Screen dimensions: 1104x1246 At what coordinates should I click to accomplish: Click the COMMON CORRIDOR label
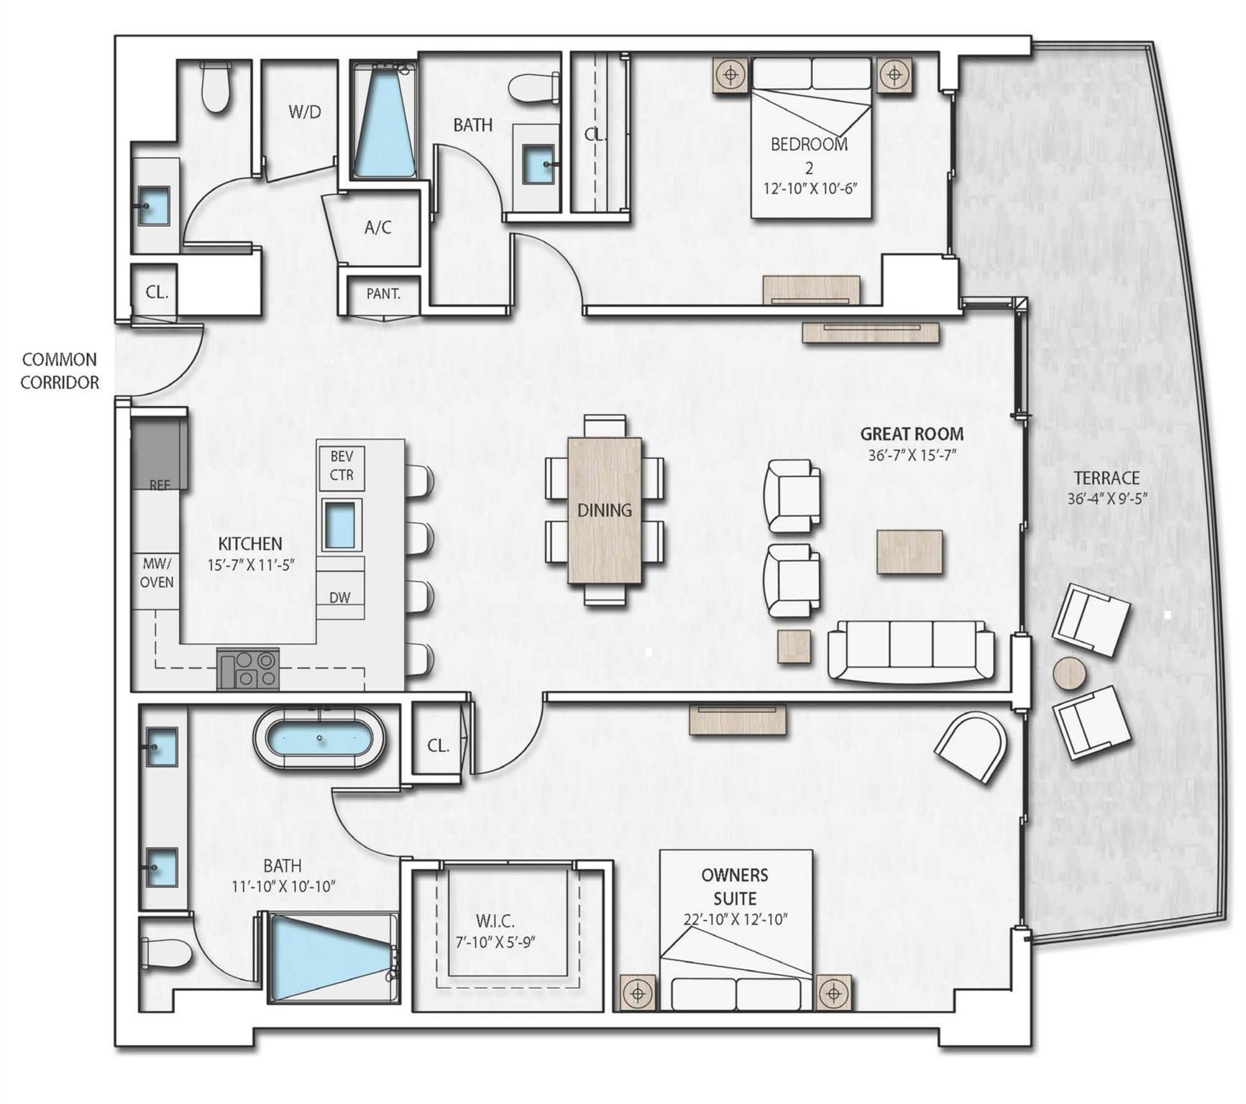pyautogui.click(x=59, y=371)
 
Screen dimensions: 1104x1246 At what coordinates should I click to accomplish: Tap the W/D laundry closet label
pyautogui.click(x=304, y=111)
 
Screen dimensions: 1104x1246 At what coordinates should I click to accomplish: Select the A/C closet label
pyautogui.click(x=377, y=228)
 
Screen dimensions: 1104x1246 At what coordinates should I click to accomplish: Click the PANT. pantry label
pyautogui.click(x=382, y=293)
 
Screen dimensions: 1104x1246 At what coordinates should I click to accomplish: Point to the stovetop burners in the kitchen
pyautogui.click(x=249, y=669)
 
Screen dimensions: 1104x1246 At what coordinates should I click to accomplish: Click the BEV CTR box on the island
pyautogui.click(x=342, y=467)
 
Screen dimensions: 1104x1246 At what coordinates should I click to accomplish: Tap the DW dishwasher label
pyautogui.click(x=339, y=597)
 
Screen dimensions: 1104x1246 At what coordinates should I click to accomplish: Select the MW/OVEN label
pyautogui.click(x=156, y=573)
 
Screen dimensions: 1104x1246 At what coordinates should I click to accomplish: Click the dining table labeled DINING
pyautogui.click(x=605, y=510)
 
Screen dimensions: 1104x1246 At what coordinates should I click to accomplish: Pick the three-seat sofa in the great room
pyautogui.click(x=911, y=650)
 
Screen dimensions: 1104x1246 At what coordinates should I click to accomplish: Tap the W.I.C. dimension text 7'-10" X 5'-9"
pyautogui.click(x=495, y=942)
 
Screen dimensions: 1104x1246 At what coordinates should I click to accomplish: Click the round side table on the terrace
pyautogui.click(x=1070, y=674)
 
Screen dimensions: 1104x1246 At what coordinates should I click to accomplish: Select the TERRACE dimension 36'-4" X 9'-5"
pyautogui.click(x=1107, y=498)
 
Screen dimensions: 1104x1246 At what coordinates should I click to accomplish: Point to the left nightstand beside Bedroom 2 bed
pyautogui.click(x=731, y=75)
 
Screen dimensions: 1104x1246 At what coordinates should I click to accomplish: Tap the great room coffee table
pyautogui.click(x=910, y=552)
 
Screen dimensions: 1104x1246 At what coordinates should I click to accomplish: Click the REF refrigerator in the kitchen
pyautogui.click(x=160, y=454)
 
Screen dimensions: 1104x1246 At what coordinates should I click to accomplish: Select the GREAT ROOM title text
pyautogui.click(x=912, y=434)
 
